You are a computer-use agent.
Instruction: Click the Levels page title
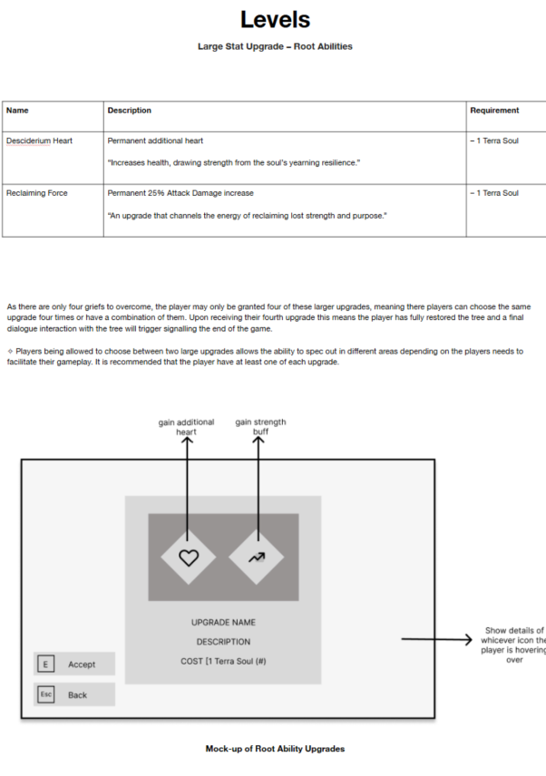click(x=275, y=20)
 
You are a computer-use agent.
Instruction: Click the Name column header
click(x=17, y=111)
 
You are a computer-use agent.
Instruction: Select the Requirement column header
click(x=494, y=111)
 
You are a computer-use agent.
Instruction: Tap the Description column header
click(x=129, y=111)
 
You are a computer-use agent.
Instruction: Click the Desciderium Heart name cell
click(x=39, y=141)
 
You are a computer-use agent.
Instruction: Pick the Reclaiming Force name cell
click(x=36, y=193)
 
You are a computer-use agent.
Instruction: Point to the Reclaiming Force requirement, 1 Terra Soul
click(x=494, y=193)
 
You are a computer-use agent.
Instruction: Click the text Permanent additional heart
click(x=155, y=141)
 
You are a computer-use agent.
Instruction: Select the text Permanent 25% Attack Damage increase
click(x=180, y=193)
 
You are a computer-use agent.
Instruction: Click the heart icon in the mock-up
click(x=189, y=558)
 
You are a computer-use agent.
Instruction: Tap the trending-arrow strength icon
click(x=257, y=558)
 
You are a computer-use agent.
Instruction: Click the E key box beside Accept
click(x=46, y=664)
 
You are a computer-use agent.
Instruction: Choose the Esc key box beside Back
click(x=46, y=694)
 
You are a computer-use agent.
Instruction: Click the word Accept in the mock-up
click(x=82, y=664)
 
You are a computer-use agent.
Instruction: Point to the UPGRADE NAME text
click(x=223, y=623)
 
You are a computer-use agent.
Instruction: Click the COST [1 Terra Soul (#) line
click(x=223, y=661)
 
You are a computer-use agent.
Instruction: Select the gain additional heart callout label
click(x=186, y=427)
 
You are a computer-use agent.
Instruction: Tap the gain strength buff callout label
click(x=260, y=427)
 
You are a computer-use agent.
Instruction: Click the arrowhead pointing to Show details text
click(x=468, y=639)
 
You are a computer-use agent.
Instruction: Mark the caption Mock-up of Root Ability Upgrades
click(x=275, y=749)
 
